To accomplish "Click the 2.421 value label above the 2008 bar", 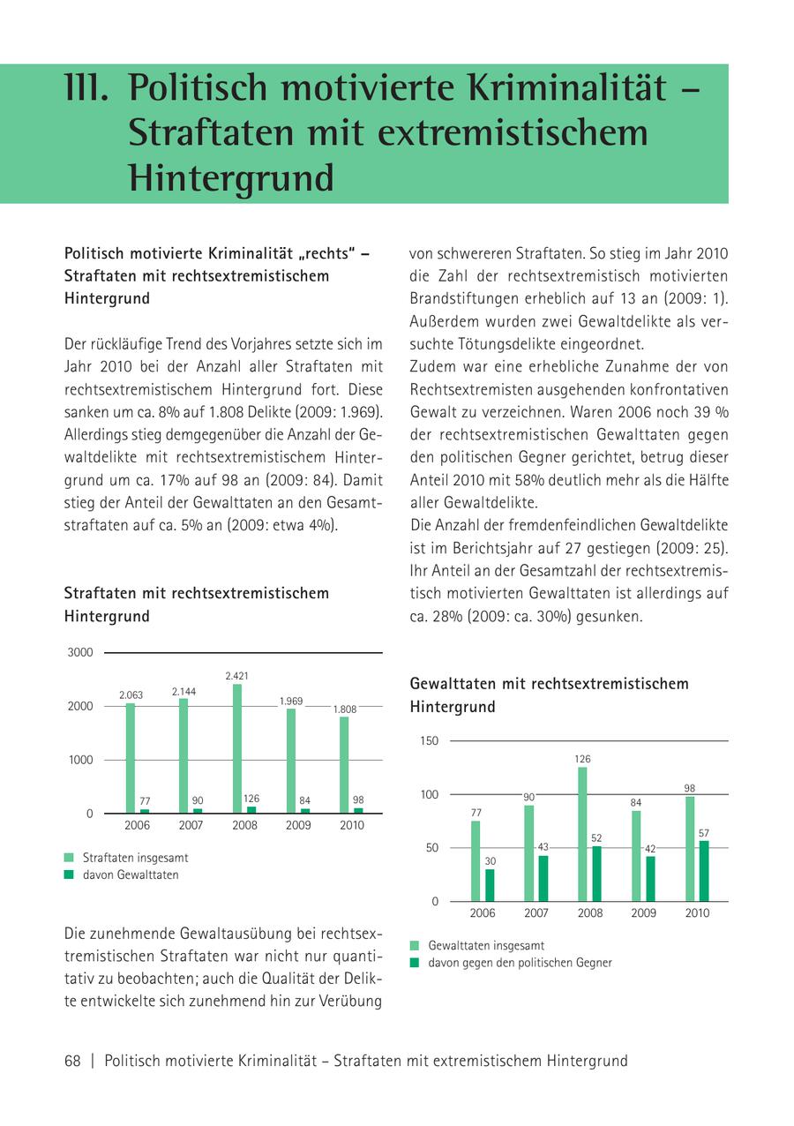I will [236, 676].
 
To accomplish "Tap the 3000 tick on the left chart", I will [80, 653].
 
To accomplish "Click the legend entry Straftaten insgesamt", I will [135, 858].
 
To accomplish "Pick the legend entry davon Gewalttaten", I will [130, 875].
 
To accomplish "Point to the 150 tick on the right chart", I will [429, 741].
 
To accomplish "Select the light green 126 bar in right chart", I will [582, 834].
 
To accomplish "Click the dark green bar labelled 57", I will [704, 871].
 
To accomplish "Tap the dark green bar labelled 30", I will [490, 885].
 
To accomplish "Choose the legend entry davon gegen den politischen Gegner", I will [520, 963].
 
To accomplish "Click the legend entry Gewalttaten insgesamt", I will [486, 945].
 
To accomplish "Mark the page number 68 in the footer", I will [72, 1061].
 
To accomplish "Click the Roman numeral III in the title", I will [86, 88].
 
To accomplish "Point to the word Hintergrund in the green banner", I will [231, 177].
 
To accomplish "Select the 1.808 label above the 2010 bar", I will [345, 709].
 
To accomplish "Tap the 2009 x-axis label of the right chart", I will [643, 913].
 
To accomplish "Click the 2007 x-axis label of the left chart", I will [191, 826].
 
